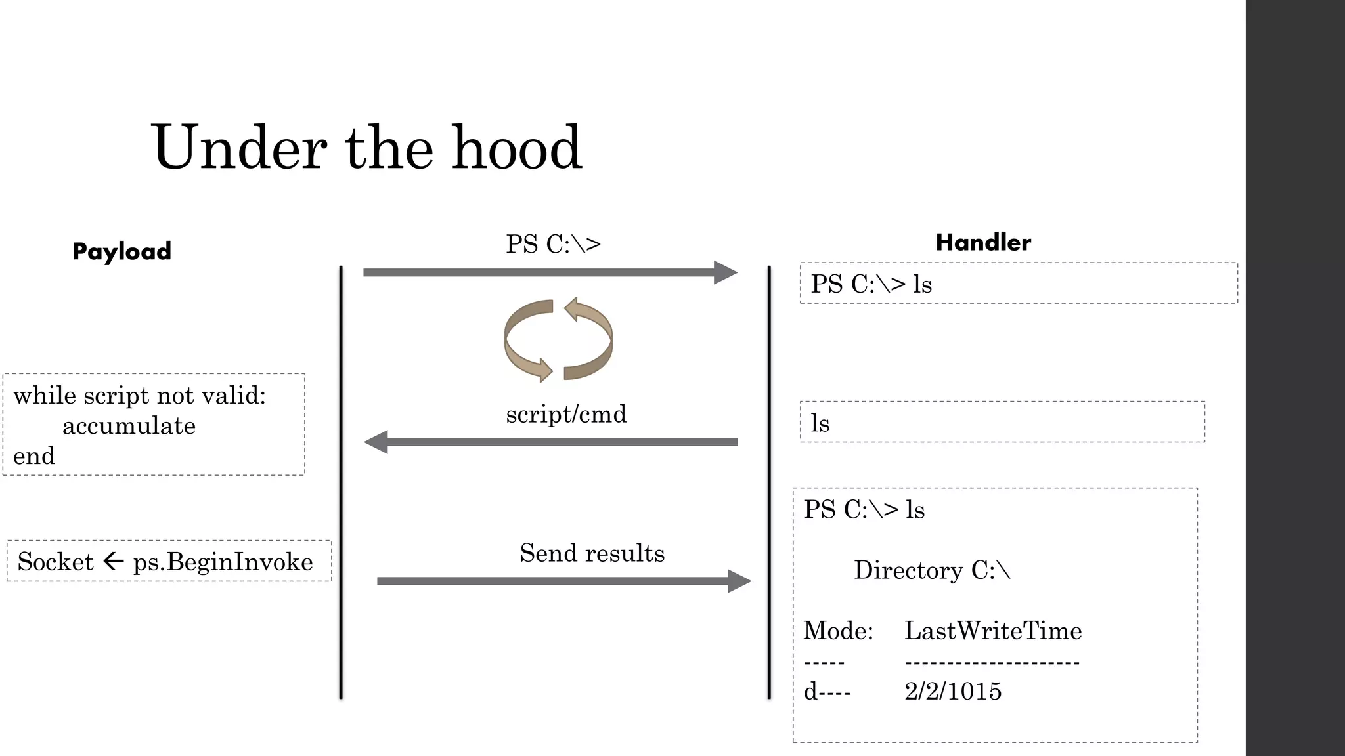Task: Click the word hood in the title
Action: click(x=516, y=148)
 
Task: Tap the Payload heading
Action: click(x=121, y=251)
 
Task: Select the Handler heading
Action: click(x=982, y=242)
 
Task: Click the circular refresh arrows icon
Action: click(x=558, y=340)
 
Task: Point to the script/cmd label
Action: click(x=566, y=414)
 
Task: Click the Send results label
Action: click(x=592, y=553)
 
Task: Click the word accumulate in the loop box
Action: click(x=129, y=426)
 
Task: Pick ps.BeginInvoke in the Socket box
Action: click(x=223, y=562)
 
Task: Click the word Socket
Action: click(x=55, y=562)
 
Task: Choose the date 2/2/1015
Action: click(x=952, y=691)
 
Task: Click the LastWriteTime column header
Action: click(x=992, y=631)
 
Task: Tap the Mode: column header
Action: click(x=838, y=631)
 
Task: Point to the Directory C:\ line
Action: click(x=931, y=570)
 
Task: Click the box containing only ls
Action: click(x=1002, y=422)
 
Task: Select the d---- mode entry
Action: click(x=827, y=691)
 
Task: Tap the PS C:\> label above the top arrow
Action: click(x=553, y=244)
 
